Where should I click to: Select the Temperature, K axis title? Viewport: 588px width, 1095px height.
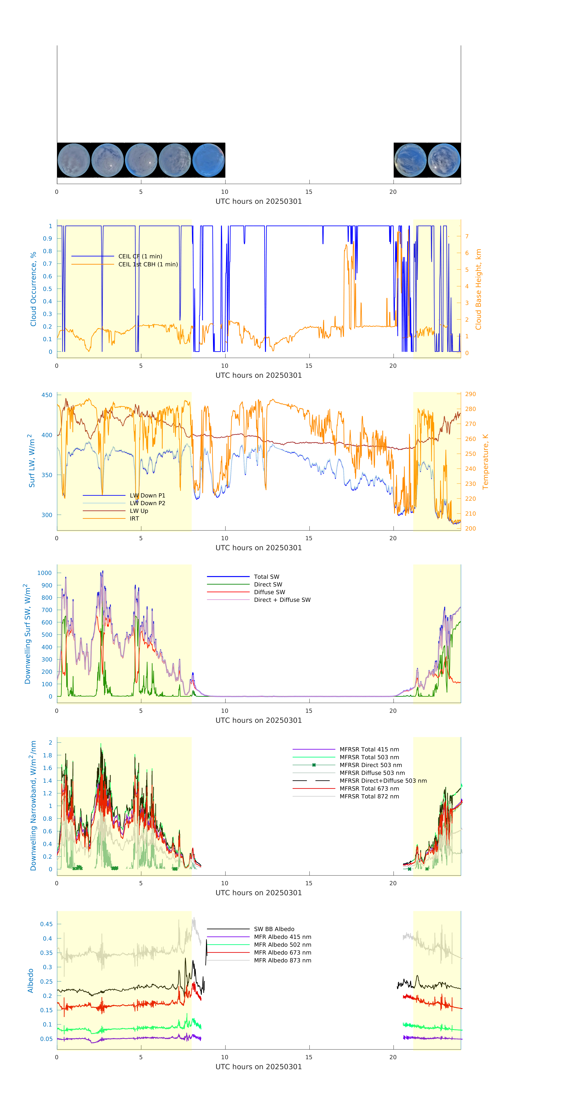[x=485, y=462]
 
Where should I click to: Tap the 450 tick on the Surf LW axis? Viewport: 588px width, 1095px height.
[x=47, y=395]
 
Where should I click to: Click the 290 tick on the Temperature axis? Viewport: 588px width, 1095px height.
[x=470, y=394]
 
